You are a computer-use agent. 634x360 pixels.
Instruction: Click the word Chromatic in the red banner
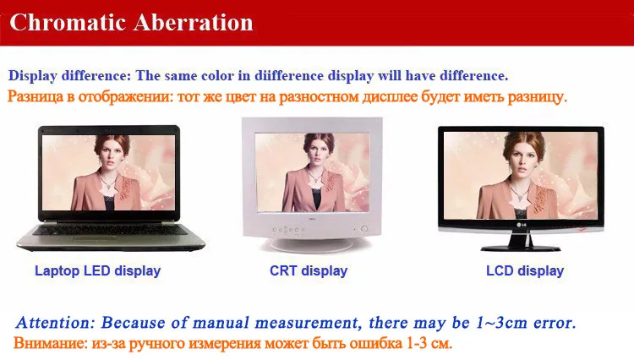pyautogui.click(x=68, y=22)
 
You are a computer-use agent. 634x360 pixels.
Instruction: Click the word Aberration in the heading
pyautogui.click(x=194, y=22)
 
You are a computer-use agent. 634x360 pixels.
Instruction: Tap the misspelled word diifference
pyautogui.click(x=289, y=75)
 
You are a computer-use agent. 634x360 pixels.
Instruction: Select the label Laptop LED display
pyautogui.click(x=97, y=270)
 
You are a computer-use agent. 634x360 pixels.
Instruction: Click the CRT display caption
pyautogui.click(x=309, y=270)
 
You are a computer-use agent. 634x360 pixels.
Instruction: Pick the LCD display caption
pyautogui.click(x=525, y=270)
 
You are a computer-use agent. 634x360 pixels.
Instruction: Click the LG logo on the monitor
pyautogui.click(x=522, y=225)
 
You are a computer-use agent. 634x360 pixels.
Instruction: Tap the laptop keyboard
pyautogui.click(x=108, y=231)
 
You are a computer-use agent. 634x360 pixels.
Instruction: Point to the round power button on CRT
pyautogui.click(x=363, y=229)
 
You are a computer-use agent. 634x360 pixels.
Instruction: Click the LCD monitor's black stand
pyautogui.click(x=521, y=242)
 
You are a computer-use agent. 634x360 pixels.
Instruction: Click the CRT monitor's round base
pyautogui.click(x=312, y=245)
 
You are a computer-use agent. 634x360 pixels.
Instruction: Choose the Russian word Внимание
pyautogui.click(x=50, y=343)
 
